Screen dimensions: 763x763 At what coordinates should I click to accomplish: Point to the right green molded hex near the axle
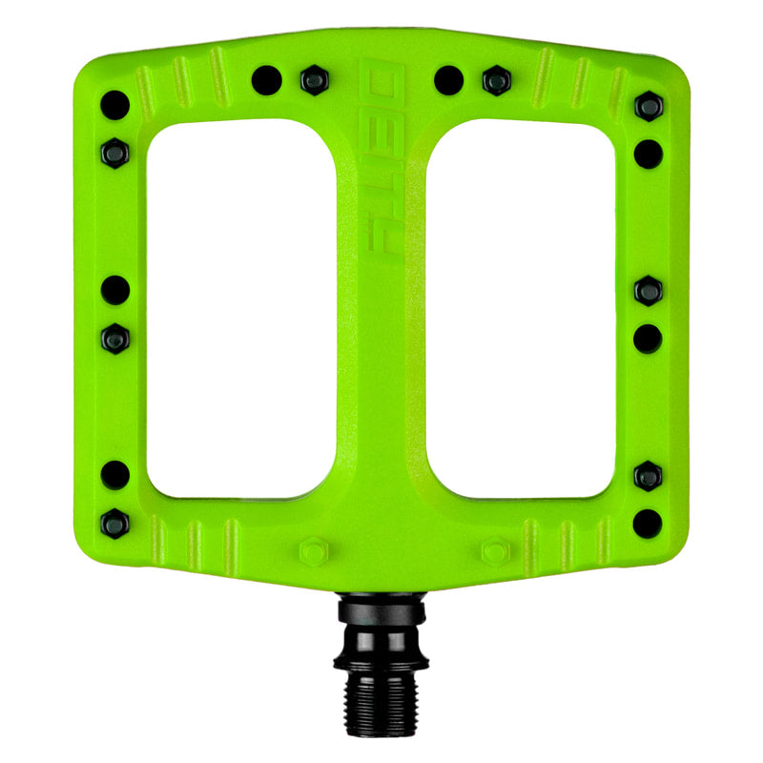click(x=494, y=551)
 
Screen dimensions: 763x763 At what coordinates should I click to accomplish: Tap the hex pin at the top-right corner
click(x=649, y=106)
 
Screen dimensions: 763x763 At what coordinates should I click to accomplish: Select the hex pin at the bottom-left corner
click(x=114, y=522)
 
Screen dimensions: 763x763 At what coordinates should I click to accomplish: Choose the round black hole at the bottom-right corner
click(x=648, y=522)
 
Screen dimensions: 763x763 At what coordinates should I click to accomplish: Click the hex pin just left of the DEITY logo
click(x=314, y=80)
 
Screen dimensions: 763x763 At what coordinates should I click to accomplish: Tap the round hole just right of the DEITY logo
click(x=448, y=80)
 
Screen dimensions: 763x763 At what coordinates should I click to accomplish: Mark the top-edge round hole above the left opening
click(x=266, y=80)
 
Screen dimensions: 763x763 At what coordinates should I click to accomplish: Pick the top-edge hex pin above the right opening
click(x=496, y=80)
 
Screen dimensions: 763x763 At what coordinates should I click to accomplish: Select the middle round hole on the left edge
click(x=114, y=289)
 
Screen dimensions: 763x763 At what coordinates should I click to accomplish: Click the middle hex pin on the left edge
click(x=114, y=337)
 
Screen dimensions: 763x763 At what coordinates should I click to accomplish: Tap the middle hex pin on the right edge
click(x=649, y=290)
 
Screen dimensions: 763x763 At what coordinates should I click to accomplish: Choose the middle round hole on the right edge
click(x=649, y=338)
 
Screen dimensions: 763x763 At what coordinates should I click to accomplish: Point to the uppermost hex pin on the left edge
click(x=114, y=151)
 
